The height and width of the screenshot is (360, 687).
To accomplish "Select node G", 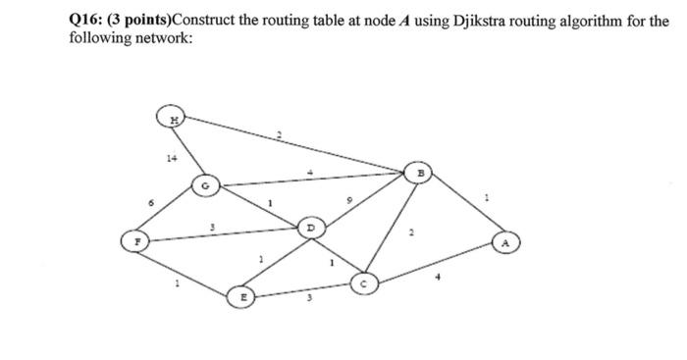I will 205,183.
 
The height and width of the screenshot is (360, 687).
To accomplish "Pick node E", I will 240,294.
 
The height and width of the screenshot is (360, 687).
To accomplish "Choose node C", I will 361,283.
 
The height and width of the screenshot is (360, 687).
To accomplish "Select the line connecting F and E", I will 186,267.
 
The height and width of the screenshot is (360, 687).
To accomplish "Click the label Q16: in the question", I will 87,22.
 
